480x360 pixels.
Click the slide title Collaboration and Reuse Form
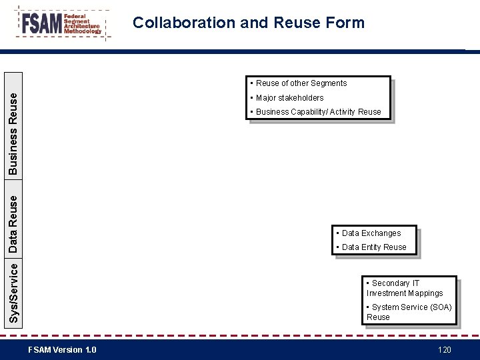click(x=249, y=23)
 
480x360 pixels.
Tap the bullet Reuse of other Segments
click(x=301, y=83)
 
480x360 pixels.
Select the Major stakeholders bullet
click(x=289, y=98)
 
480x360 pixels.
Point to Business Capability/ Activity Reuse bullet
click(x=318, y=112)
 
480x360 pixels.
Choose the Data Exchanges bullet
click(x=371, y=233)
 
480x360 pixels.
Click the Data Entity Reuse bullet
click(x=373, y=247)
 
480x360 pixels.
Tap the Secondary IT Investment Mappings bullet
click(x=404, y=288)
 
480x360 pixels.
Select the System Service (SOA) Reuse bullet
click(x=409, y=312)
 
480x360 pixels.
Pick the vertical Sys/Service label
click(x=13, y=292)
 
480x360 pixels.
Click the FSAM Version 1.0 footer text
click(x=62, y=350)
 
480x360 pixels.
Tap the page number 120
click(x=444, y=350)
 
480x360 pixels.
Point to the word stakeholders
click(x=301, y=98)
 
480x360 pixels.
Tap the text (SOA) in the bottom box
click(x=440, y=307)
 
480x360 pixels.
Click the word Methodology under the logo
click(x=83, y=32)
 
